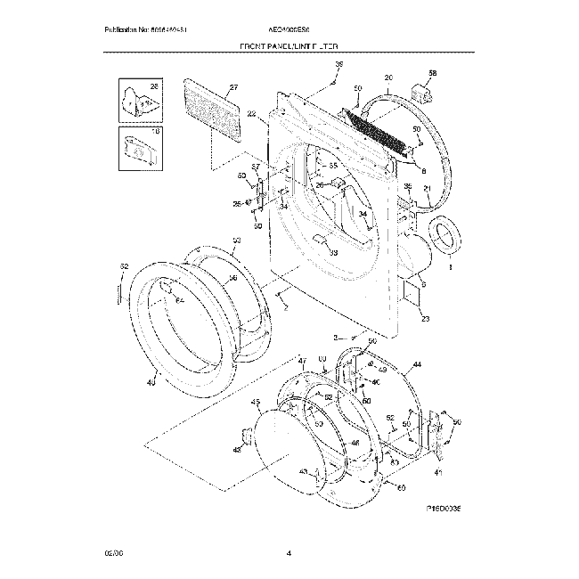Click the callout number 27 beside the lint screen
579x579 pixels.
click(233, 87)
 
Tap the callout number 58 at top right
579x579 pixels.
click(432, 72)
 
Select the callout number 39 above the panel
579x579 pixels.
click(338, 65)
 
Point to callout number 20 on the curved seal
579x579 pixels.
click(388, 77)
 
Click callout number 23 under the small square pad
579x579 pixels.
click(425, 319)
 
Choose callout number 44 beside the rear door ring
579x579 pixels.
click(417, 365)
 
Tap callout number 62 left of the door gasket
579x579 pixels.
click(124, 267)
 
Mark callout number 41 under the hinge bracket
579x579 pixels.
click(437, 471)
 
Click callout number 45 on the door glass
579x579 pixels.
click(256, 403)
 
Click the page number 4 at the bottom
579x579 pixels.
click(289, 554)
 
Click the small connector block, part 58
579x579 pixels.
click(421, 90)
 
